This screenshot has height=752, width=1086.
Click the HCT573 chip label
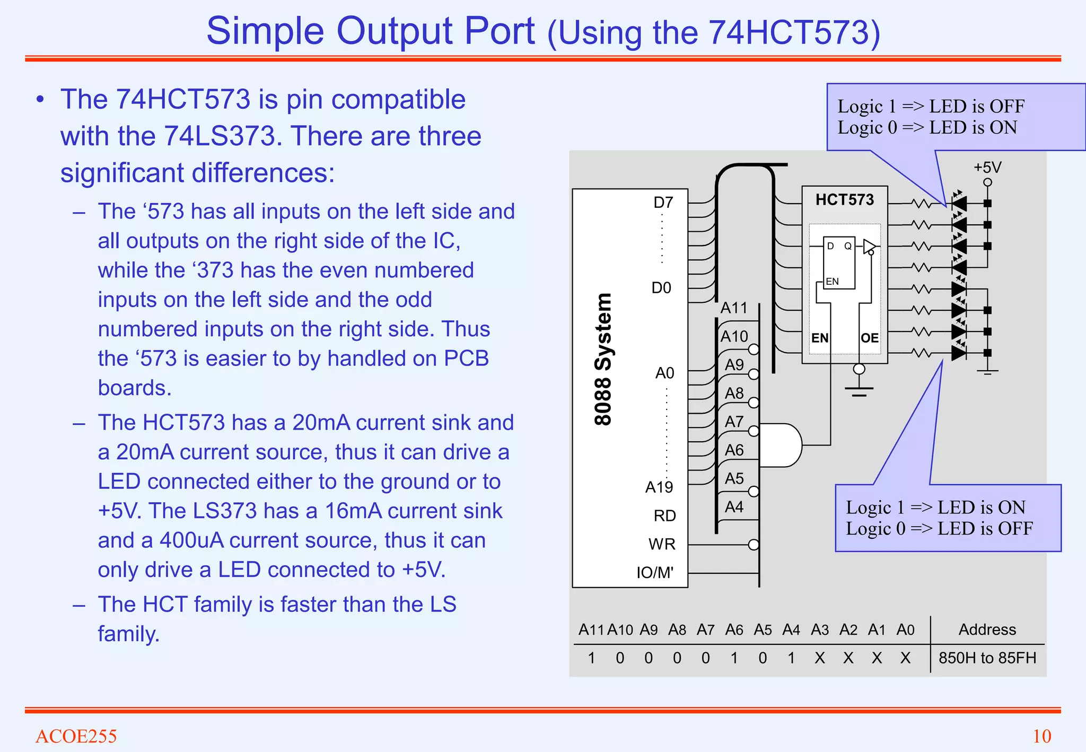(x=844, y=200)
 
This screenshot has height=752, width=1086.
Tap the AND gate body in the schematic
(x=780, y=445)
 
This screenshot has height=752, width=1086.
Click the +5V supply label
(x=987, y=168)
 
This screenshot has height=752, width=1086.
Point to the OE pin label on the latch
(x=869, y=338)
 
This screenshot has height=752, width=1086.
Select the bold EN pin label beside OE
(x=820, y=338)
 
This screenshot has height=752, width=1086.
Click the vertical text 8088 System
(x=603, y=360)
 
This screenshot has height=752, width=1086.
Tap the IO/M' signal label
(x=655, y=573)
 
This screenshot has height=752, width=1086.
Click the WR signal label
(x=662, y=544)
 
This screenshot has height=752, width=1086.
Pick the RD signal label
(x=664, y=515)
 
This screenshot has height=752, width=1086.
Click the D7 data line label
(x=663, y=203)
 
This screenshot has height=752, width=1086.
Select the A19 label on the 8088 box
(x=659, y=487)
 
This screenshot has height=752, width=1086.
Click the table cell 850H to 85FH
(x=987, y=658)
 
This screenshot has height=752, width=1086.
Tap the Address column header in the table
(x=987, y=629)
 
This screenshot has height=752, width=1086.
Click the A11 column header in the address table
(x=591, y=629)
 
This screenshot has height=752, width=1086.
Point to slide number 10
(x=1041, y=736)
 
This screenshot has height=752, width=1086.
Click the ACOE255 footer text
(x=76, y=736)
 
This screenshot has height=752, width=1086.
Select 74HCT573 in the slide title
(x=787, y=32)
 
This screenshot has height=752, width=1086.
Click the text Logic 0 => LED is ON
(x=927, y=128)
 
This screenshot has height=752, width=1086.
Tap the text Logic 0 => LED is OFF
(x=939, y=529)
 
